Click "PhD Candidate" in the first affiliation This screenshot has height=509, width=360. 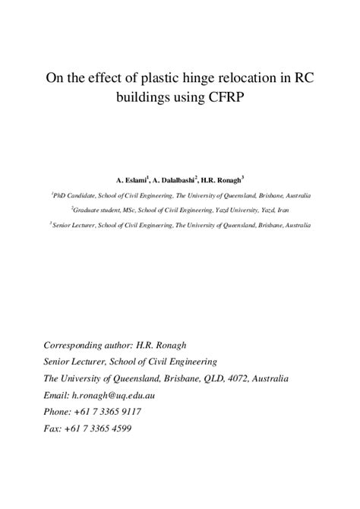click(73, 196)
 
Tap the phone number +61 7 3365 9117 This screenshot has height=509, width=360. click(114, 412)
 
